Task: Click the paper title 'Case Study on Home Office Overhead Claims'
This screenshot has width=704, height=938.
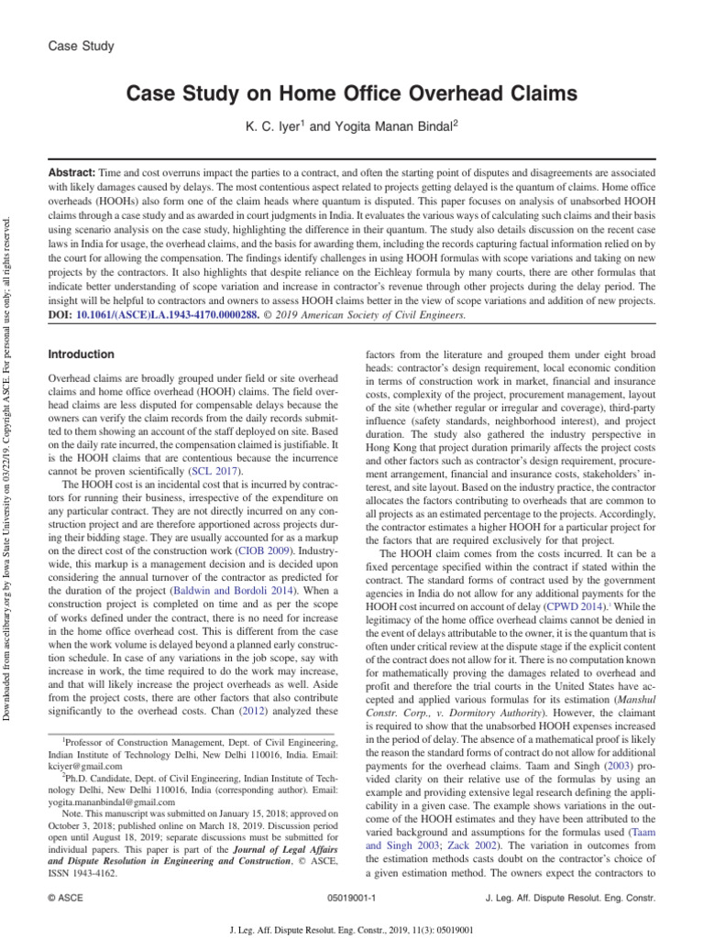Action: pos(351,93)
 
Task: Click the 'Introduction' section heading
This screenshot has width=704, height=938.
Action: pos(81,354)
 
